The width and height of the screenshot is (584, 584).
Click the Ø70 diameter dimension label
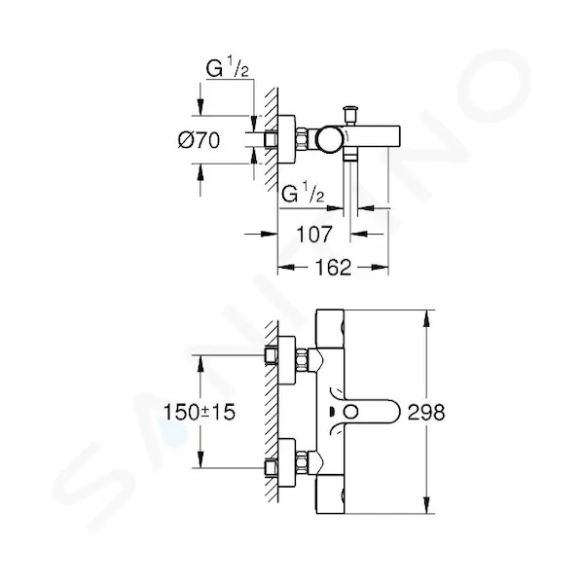199,140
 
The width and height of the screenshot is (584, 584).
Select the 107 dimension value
313,235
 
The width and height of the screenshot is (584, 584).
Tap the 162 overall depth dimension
333,268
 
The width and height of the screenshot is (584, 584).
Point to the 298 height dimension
426,413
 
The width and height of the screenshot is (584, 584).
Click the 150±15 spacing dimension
200,413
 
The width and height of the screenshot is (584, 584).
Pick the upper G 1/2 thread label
227,69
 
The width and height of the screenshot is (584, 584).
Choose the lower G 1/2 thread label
303,194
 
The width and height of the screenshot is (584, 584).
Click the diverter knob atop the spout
349,116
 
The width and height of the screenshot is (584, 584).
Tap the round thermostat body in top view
331,139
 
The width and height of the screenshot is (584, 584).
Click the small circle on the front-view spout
350,413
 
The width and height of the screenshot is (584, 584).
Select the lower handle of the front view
330,494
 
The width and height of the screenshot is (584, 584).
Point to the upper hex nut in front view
302,360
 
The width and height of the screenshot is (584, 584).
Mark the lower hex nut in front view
302,462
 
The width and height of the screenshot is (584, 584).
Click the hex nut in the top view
302,139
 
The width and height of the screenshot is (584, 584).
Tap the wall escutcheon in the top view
287,139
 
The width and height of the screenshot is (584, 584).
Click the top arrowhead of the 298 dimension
426,318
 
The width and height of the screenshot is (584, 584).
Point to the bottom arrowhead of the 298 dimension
426,505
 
